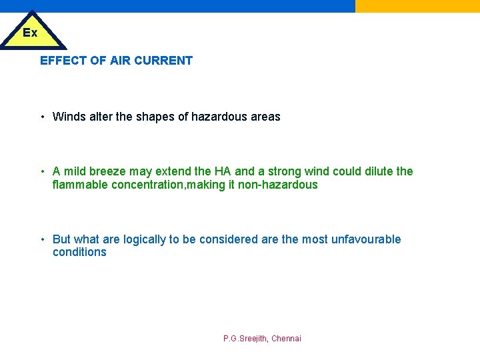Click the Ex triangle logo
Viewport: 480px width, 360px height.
tap(31, 32)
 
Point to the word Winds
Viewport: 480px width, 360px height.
tap(69, 117)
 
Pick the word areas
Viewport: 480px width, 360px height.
tap(265, 117)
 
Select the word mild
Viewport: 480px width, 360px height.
tap(77, 171)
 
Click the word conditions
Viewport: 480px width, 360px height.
tap(79, 252)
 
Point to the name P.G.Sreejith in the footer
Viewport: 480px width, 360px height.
tap(245, 339)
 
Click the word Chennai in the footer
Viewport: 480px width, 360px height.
tap(286, 339)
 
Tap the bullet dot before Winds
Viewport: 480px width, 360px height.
tap(42, 117)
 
